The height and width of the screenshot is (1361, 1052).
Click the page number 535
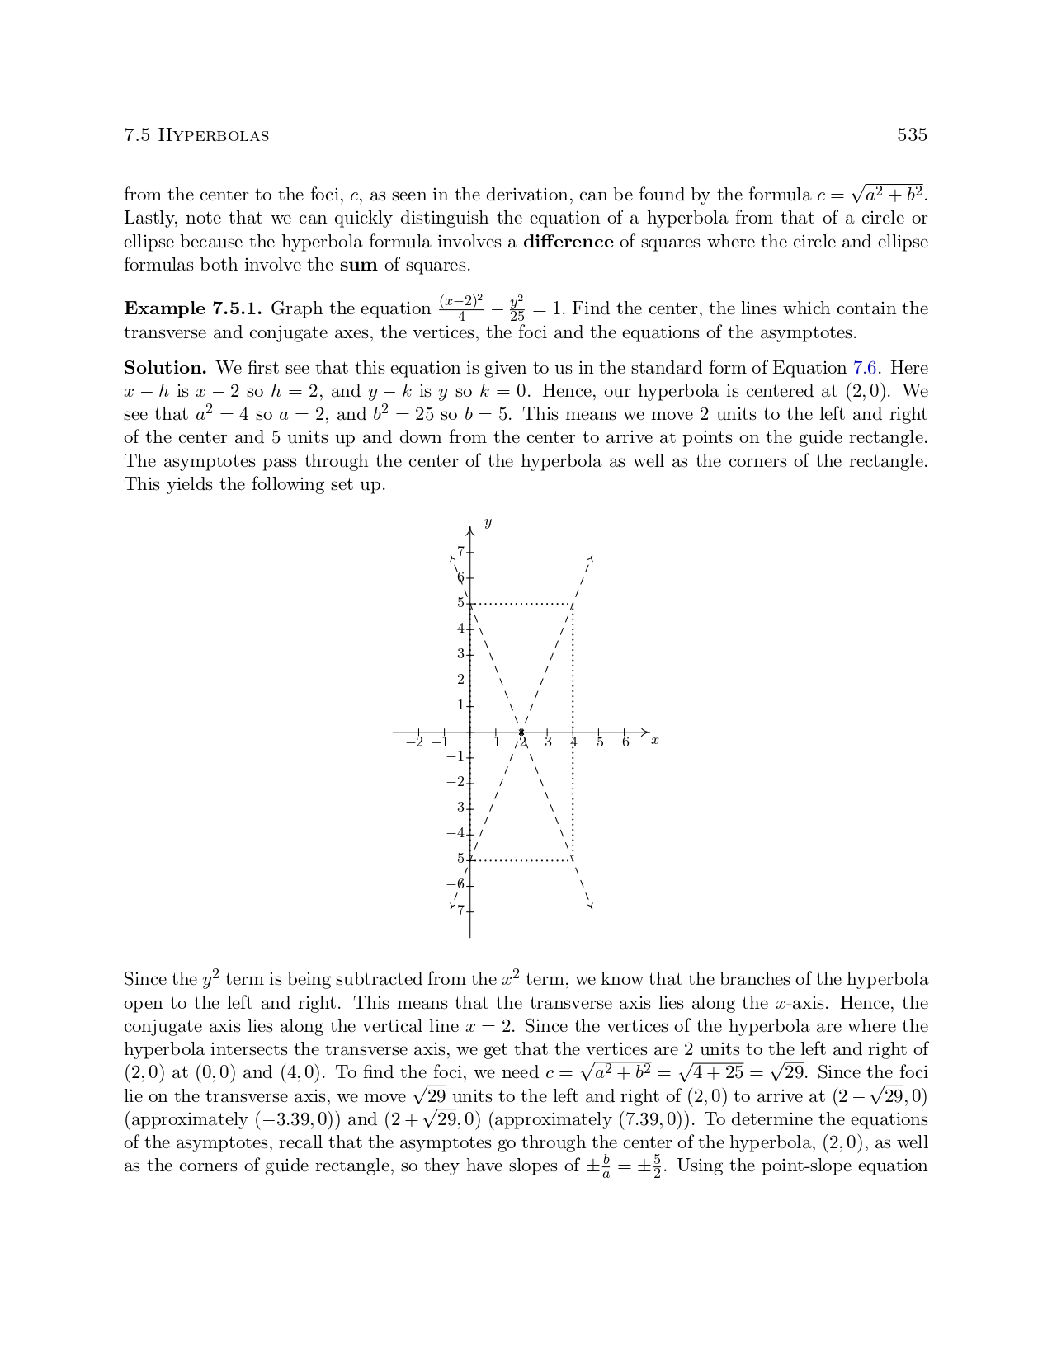coord(912,135)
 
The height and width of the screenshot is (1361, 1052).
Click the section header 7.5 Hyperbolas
coord(196,135)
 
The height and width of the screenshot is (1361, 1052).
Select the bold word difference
coord(568,242)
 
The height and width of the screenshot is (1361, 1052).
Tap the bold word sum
coord(358,265)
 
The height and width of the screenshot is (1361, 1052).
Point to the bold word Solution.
coord(165,368)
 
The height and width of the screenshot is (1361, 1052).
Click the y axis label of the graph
coord(488,523)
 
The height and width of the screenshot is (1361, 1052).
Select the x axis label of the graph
coord(654,741)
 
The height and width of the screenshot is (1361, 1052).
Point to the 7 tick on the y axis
coord(461,552)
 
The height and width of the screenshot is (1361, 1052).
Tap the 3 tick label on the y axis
coord(461,654)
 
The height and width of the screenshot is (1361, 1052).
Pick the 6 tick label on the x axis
coord(625,742)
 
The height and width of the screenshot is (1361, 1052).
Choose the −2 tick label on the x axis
coord(415,742)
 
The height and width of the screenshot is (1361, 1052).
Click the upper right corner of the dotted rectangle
coord(573,604)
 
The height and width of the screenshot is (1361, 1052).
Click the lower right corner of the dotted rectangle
coord(573,860)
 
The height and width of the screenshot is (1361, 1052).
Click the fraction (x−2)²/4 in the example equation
coord(461,308)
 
